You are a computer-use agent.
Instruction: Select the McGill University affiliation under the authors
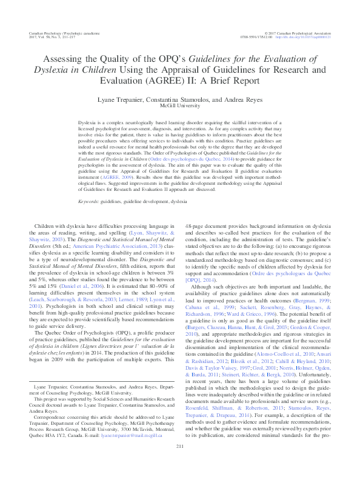tap(180, 105)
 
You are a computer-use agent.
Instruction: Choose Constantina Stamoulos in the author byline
tap(176, 98)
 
